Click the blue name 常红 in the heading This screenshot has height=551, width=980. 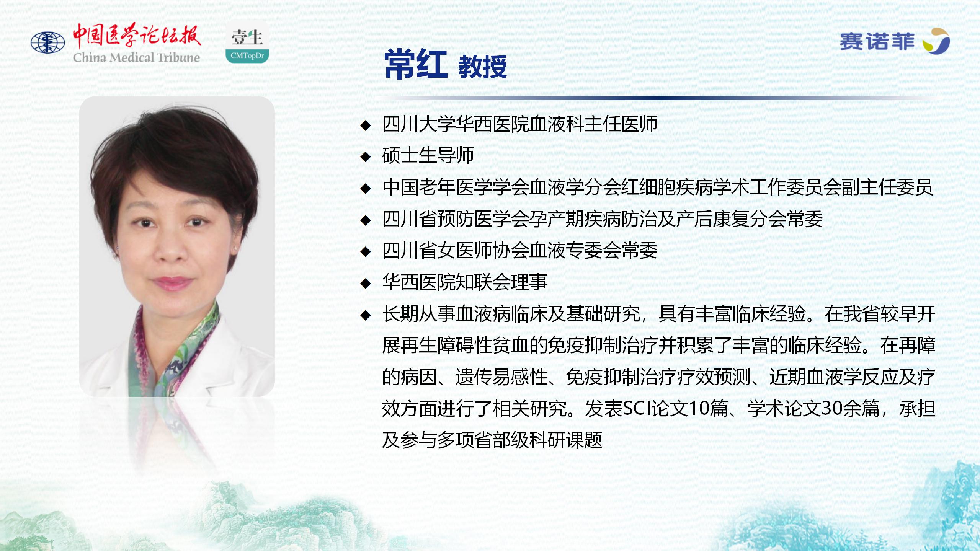pyautogui.click(x=416, y=65)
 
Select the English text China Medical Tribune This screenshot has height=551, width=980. pyautogui.click(x=137, y=57)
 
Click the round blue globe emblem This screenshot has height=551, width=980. pyautogui.click(x=48, y=42)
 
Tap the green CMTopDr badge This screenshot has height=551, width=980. pyautogui.click(x=247, y=55)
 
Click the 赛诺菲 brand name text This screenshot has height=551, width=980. pyautogui.click(x=877, y=41)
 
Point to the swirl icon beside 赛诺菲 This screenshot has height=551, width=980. pyautogui.click(x=936, y=41)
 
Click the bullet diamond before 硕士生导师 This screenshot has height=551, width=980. pyautogui.click(x=366, y=156)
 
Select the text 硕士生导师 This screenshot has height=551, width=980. pyautogui.click(x=428, y=155)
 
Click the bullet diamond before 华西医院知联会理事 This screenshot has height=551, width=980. pyautogui.click(x=366, y=283)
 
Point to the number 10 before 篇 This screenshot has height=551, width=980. pyautogui.click(x=699, y=408)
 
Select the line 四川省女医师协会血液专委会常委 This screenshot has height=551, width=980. pyautogui.click(x=520, y=251)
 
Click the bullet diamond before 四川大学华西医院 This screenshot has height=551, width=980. pyautogui.click(x=366, y=125)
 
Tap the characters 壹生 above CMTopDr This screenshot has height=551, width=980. pyautogui.click(x=247, y=37)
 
